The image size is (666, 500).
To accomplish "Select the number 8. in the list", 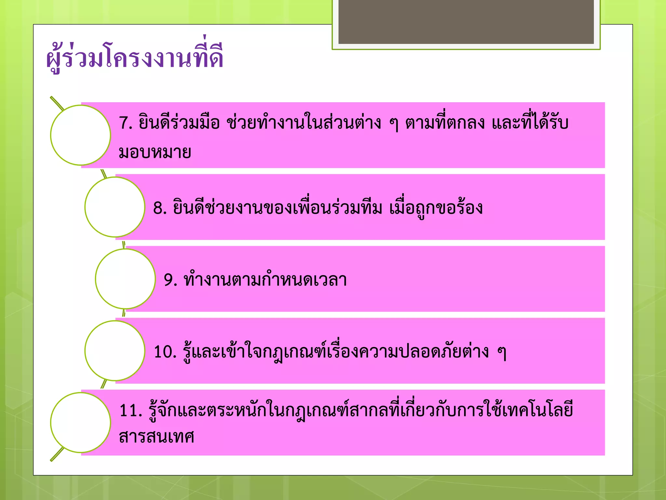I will coord(160,208).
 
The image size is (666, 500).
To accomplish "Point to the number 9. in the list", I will coord(170,280).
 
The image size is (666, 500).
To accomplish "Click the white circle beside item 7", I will coord(80,135).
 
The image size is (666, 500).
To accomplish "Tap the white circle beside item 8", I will coord(114,207).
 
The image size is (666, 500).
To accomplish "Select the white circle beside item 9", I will coord(125,279).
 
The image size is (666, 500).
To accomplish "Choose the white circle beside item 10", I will coord(114,351).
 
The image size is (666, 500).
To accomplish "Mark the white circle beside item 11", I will coord(80,423).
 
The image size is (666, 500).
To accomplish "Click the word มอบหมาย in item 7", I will coord(155,152).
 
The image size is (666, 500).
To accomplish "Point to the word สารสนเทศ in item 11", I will coord(156,437).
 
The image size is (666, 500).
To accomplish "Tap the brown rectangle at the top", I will coord(466,21).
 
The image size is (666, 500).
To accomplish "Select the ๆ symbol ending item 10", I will coord(502,353).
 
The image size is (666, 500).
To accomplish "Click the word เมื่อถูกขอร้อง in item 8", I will coord(436,208).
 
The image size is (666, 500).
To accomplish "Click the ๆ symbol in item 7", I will coord(393,124).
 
